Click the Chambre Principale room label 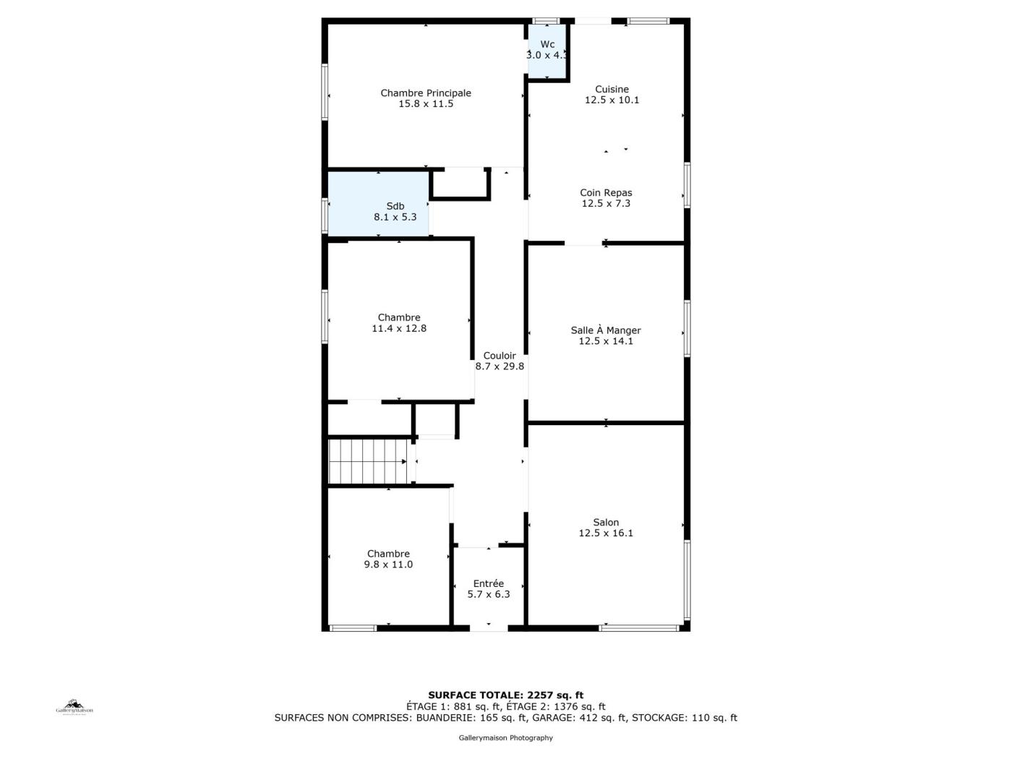[x=426, y=93]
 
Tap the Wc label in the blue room [x=547, y=44]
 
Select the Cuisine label [x=612, y=90]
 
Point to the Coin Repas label [x=606, y=192]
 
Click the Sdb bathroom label [x=395, y=207]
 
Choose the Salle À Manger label [x=606, y=330]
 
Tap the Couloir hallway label [x=499, y=356]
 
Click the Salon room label [x=606, y=522]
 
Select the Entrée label [x=488, y=583]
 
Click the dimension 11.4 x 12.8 [x=399, y=329]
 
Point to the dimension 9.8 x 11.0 [x=388, y=565]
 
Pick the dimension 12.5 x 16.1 [x=606, y=533]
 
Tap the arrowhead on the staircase [x=404, y=461]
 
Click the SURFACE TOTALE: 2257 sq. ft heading [x=506, y=695]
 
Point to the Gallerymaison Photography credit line [x=506, y=738]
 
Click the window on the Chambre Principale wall [x=325, y=93]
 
